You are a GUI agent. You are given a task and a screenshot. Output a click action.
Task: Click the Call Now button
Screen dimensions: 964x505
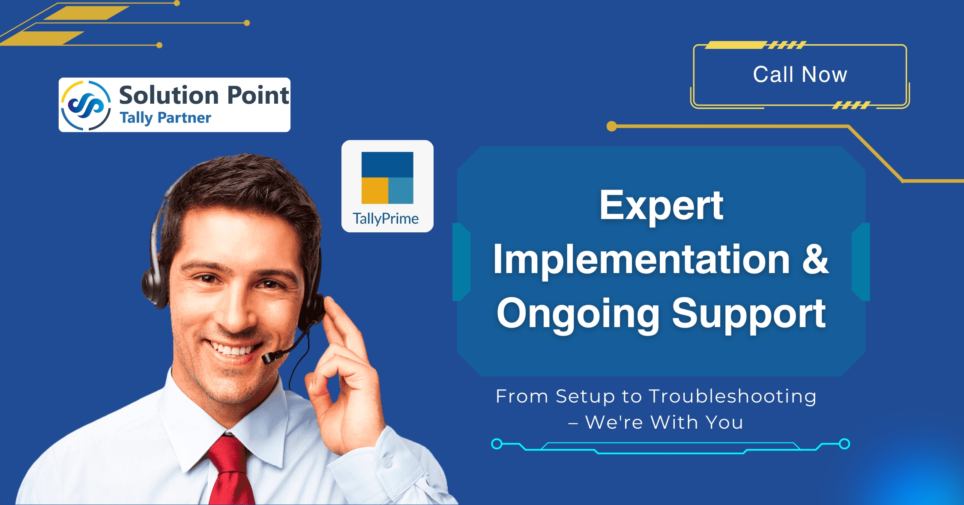click(799, 75)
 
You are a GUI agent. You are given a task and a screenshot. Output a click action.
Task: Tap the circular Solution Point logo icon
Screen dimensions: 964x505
click(86, 105)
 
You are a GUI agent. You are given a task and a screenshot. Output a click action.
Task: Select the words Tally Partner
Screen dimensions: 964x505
click(165, 118)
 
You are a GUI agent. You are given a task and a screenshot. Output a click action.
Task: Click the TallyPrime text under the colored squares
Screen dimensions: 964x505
click(386, 219)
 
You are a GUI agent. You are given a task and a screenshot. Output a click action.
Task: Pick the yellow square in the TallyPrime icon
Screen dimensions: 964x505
click(375, 191)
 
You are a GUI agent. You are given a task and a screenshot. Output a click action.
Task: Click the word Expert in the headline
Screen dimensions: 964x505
click(661, 206)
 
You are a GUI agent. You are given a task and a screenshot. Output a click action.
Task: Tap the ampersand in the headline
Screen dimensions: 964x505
click(815, 259)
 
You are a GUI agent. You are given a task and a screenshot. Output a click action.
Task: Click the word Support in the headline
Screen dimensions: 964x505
click(749, 314)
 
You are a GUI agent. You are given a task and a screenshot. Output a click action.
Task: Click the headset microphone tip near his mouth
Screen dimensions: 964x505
click(269, 357)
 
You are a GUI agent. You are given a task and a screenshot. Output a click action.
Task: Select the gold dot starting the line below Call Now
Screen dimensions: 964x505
click(612, 126)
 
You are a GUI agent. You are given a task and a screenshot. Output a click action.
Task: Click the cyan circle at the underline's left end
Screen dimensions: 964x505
click(497, 444)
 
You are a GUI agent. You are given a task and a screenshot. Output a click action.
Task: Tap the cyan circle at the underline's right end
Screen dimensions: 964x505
click(844, 444)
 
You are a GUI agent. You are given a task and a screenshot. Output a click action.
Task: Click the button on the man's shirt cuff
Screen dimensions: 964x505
click(387, 462)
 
